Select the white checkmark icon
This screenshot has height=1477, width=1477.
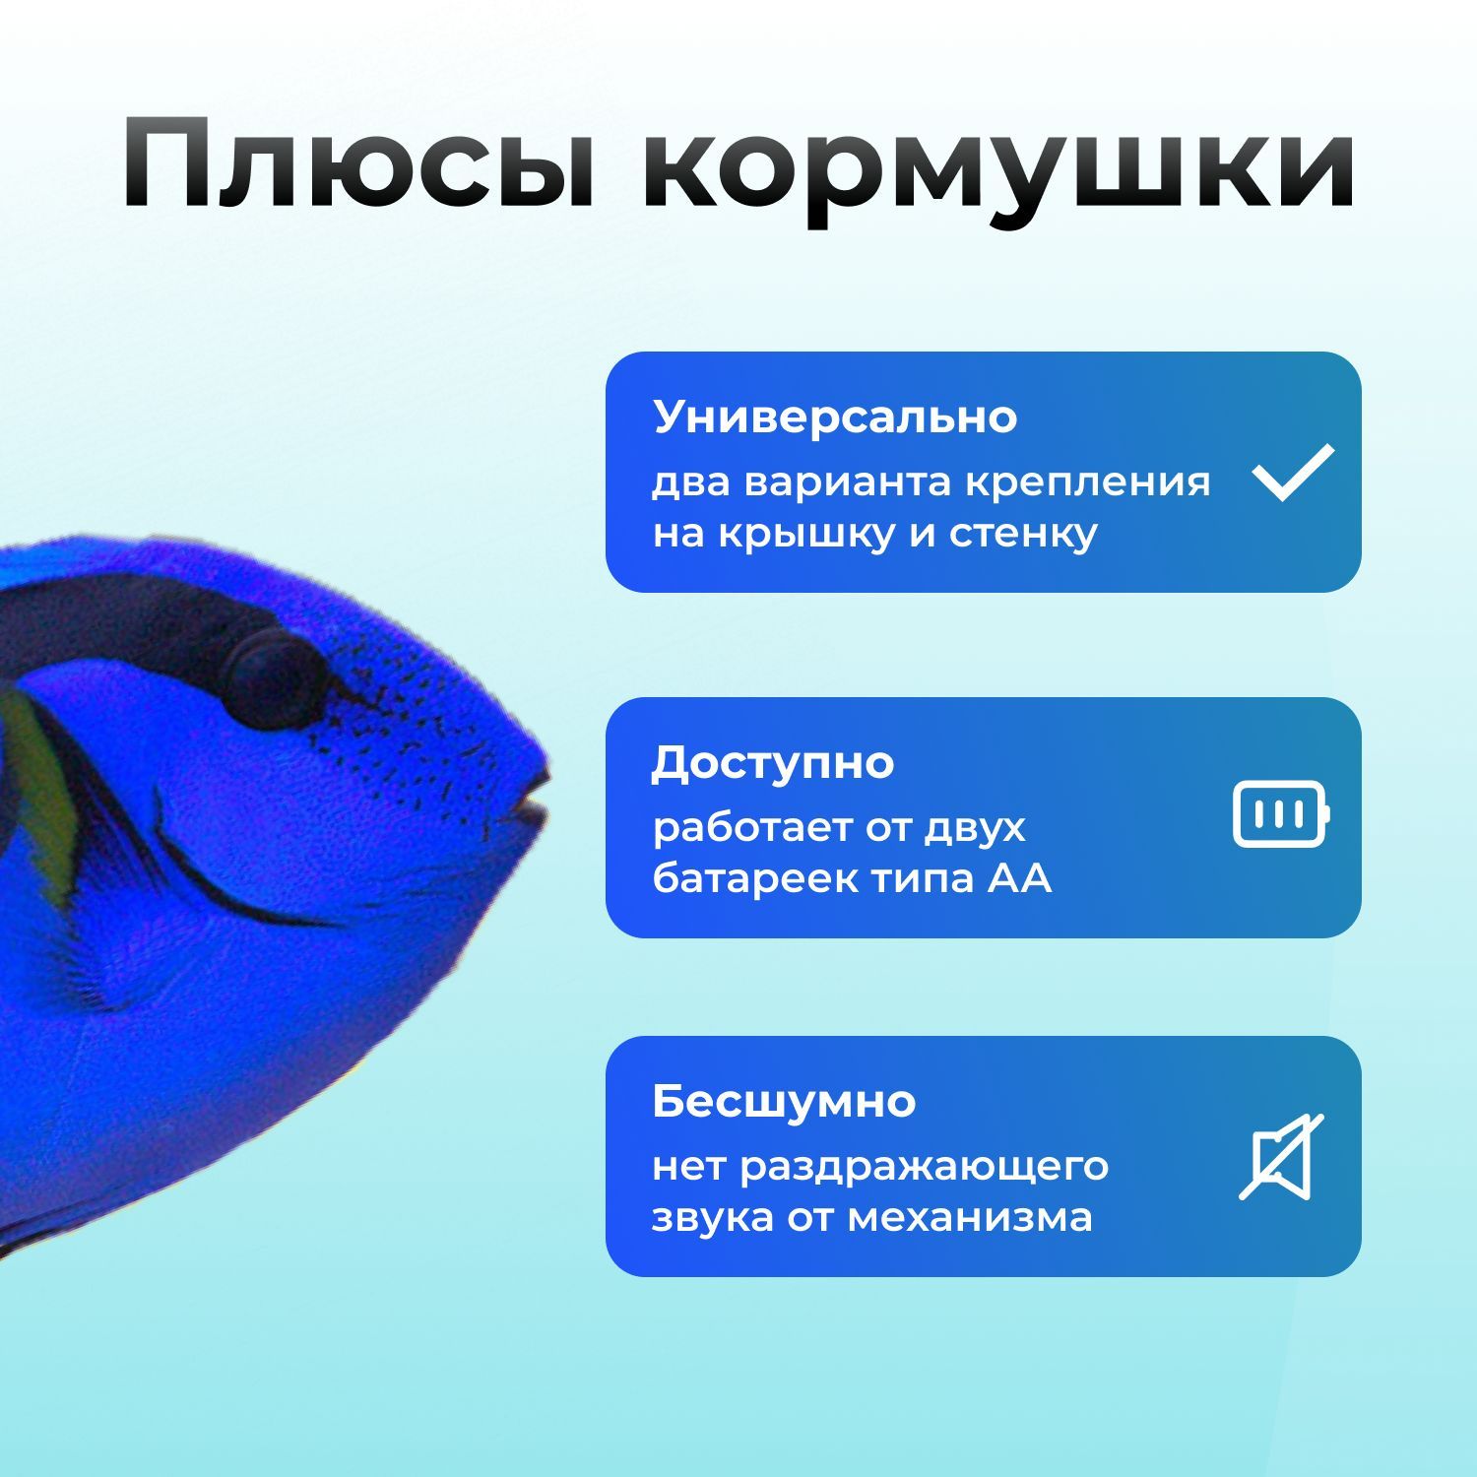(1293, 472)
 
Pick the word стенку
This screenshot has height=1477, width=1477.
(1023, 535)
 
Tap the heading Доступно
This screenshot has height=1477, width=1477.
(773, 763)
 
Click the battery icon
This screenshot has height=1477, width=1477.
(1280, 815)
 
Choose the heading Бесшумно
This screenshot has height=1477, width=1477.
(784, 1102)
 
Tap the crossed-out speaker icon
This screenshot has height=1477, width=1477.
(1280, 1157)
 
